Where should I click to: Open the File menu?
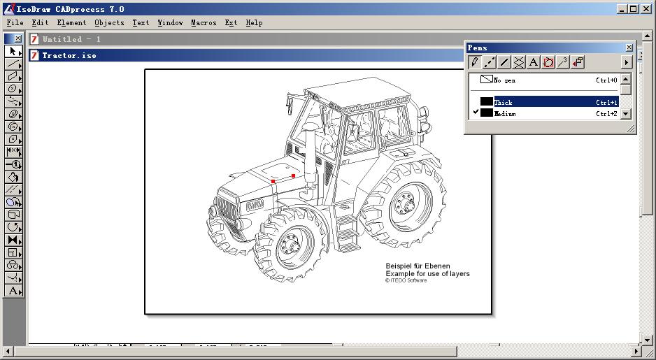tap(15, 22)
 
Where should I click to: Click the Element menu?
tap(71, 22)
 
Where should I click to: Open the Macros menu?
tap(204, 22)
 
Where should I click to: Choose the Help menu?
tap(254, 22)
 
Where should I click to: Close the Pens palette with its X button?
tap(629, 48)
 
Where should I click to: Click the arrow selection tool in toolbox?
tap(13, 52)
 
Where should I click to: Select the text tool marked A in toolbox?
tap(13, 291)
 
